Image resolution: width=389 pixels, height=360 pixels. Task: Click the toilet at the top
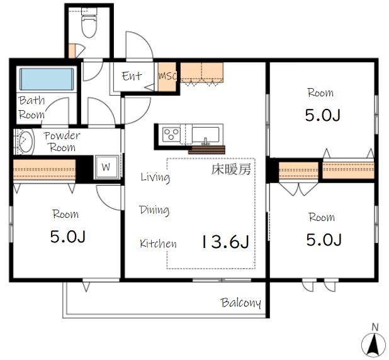[x=89, y=25]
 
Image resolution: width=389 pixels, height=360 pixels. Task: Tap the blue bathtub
[x=47, y=80]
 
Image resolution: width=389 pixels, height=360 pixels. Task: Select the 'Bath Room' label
[x=31, y=108]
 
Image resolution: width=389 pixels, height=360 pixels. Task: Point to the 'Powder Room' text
[x=62, y=142]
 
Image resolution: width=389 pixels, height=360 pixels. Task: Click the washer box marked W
[x=105, y=167]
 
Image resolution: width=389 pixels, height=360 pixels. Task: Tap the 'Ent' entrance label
[x=132, y=76]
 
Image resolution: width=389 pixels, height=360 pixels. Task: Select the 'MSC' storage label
[x=167, y=76]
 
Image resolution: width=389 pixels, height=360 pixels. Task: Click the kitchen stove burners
[x=172, y=133]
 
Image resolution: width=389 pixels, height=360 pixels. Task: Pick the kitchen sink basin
[x=205, y=134]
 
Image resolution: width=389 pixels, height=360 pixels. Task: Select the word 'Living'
[x=155, y=177]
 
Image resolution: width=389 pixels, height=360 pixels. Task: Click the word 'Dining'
[x=154, y=210]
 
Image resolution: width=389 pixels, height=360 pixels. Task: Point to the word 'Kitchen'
[x=158, y=244]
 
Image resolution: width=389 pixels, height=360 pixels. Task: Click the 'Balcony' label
[x=240, y=303]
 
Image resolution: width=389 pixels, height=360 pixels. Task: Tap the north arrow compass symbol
[x=373, y=342]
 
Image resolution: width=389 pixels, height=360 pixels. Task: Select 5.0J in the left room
[x=67, y=237]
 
